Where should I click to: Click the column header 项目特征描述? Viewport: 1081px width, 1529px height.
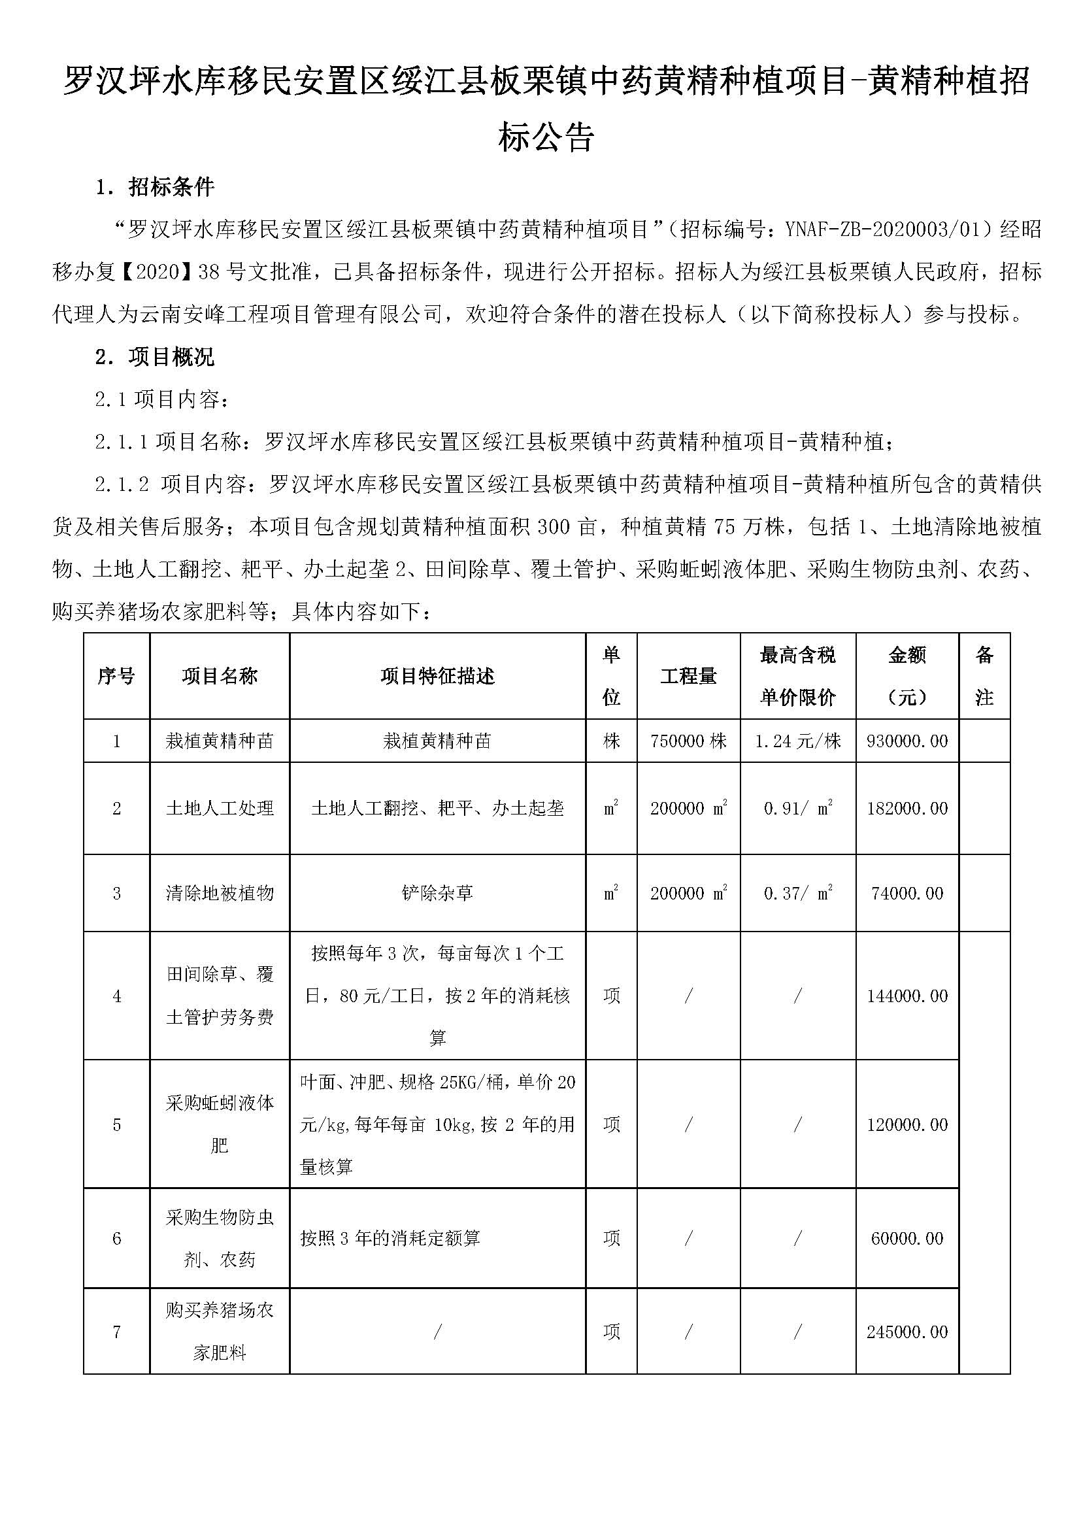(437, 676)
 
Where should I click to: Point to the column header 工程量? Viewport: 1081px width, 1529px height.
(688, 676)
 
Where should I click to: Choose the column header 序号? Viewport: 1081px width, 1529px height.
(116, 676)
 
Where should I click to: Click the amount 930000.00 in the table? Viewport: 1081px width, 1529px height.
(906, 741)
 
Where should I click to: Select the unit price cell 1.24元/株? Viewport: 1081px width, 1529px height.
(797, 741)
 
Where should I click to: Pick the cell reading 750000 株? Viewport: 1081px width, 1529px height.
(688, 741)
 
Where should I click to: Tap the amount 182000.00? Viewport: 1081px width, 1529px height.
(906, 808)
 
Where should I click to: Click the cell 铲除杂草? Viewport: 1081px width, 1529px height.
(437, 892)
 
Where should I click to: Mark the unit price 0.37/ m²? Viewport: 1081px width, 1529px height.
(797, 892)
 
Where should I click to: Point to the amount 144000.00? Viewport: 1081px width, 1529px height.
(906, 996)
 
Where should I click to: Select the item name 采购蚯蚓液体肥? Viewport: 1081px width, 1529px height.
(220, 1124)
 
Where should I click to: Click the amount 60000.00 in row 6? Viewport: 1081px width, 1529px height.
(906, 1238)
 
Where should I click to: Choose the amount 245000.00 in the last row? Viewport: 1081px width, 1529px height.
(906, 1331)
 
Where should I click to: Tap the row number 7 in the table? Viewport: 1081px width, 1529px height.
(116, 1331)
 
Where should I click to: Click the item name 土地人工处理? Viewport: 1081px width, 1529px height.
(220, 808)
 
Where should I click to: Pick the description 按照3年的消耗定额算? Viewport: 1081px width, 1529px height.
(390, 1238)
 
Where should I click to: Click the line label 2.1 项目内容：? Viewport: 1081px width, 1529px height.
(163, 399)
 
